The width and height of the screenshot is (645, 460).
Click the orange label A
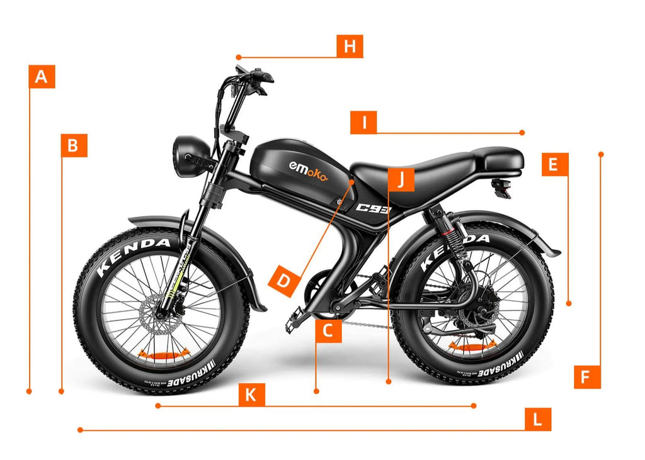42,76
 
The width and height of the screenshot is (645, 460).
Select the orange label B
74,145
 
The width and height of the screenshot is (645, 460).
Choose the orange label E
554,164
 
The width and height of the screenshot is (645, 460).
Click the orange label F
586,376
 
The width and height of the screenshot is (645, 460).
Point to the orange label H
350,46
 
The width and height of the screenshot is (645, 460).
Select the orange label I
363,122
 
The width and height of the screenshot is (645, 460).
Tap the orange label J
401,180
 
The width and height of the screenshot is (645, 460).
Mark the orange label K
251,395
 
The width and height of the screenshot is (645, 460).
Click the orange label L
537,419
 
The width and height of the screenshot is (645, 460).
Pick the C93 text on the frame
373,208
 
